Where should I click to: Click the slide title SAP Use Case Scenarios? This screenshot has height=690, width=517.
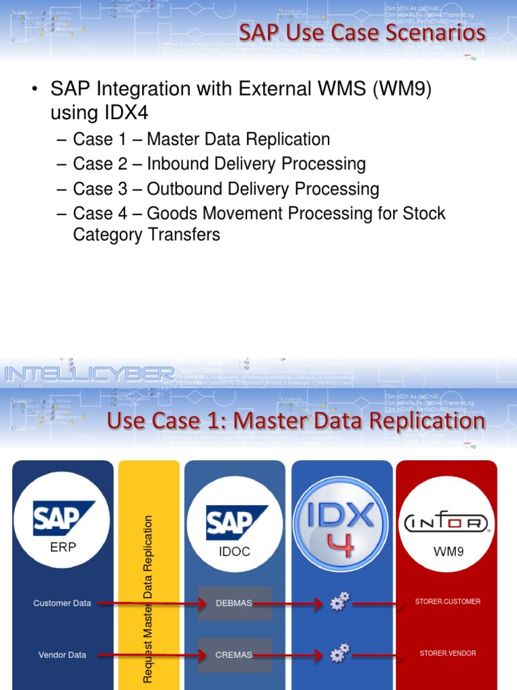(362, 32)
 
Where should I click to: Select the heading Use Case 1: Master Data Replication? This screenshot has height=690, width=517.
(296, 420)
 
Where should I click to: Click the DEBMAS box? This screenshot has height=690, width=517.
(234, 603)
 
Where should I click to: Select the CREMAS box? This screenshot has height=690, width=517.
(234, 655)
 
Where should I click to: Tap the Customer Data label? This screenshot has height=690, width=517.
(62, 603)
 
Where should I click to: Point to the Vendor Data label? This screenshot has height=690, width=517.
(62, 655)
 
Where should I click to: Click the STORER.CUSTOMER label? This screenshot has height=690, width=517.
(448, 601)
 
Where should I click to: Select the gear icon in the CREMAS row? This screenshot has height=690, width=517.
(340, 653)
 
